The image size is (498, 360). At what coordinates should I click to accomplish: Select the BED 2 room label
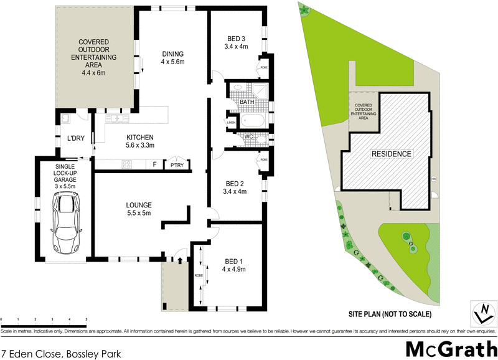coord(236,187)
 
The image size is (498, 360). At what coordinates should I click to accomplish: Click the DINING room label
coord(173,57)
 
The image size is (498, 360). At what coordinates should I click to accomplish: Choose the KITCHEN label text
coord(140,141)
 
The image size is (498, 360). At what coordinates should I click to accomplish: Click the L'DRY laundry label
coord(75,139)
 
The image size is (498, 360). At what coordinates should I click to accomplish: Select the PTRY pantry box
coord(172,166)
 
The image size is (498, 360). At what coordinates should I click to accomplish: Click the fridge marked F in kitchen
coord(154,166)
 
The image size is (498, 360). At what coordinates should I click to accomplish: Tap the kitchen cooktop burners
coord(127,166)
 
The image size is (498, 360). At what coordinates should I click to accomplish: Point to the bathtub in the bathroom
coord(253,119)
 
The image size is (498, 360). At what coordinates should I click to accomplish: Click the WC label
coord(247,136)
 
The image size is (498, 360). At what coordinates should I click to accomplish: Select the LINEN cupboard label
coord(232,123)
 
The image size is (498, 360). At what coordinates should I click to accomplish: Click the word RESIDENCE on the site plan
coord(391,154)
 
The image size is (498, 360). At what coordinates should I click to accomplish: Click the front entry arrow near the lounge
coord(180,253)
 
